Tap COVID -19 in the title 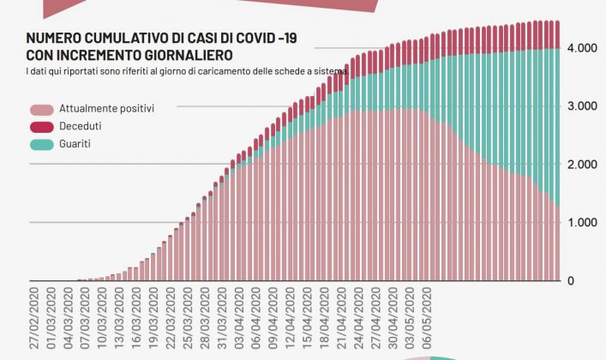261,39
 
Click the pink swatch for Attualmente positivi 41,110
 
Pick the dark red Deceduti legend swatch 41,127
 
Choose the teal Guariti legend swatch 41,144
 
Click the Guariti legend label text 75,144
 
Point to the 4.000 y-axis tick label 583,48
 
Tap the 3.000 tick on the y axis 583,106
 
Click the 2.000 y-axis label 583,165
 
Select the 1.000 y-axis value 583,223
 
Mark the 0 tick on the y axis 571,281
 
